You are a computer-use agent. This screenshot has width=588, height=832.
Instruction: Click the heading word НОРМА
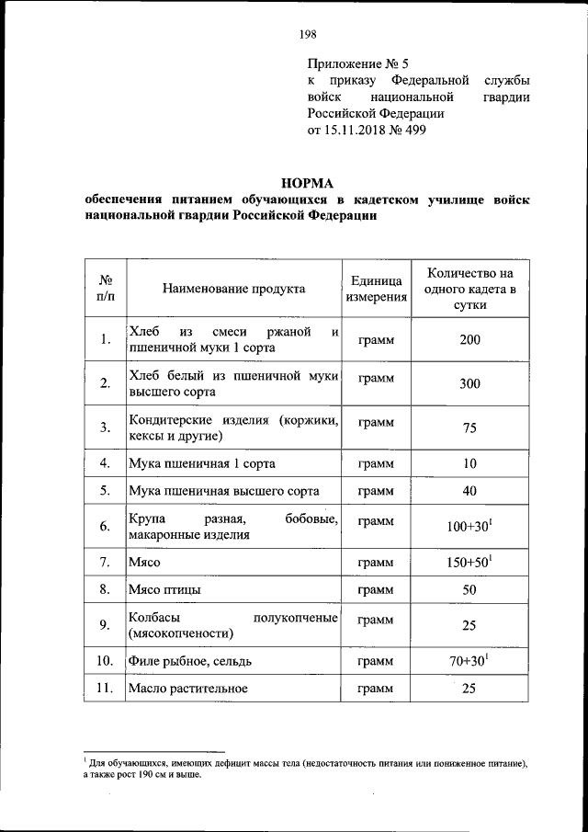(x=307, y=182)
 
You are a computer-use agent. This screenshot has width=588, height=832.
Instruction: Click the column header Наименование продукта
(x=233, y=289)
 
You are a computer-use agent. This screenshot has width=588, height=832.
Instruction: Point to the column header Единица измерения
(x=377, y=289)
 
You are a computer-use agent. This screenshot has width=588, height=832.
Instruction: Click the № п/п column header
(x=105, y=289)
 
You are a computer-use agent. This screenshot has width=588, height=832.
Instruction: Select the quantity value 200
(x=469, y=340)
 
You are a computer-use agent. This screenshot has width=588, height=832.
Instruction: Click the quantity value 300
(x=469, y=383)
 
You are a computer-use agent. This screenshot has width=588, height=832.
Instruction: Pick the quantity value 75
(x=469, y=427)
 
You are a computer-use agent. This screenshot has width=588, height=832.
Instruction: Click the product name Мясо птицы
(x=166, y=589)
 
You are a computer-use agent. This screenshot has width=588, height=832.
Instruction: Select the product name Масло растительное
(x=188, y=688)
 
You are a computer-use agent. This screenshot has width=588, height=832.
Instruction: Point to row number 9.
(x=105, y=626)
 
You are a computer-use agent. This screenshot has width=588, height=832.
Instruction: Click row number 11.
(x=105, y=688)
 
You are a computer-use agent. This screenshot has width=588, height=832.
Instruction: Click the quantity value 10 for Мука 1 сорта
(x=469, y=463)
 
